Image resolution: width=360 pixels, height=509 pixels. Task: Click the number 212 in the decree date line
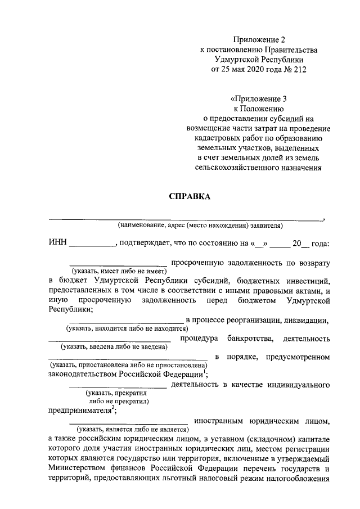[300, 69]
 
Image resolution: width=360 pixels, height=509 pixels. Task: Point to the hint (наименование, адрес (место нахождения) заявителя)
[200, 226]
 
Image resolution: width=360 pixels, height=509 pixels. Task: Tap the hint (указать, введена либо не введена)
[115, 347]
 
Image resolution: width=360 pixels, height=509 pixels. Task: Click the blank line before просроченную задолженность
[118, 263]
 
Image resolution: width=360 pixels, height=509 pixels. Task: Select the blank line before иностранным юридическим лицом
[128, 420]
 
